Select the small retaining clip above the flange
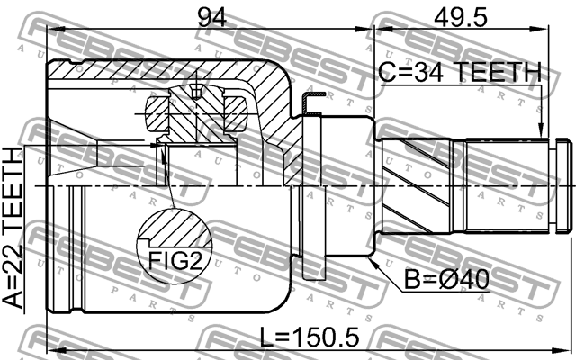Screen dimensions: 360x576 coord(310,104)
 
